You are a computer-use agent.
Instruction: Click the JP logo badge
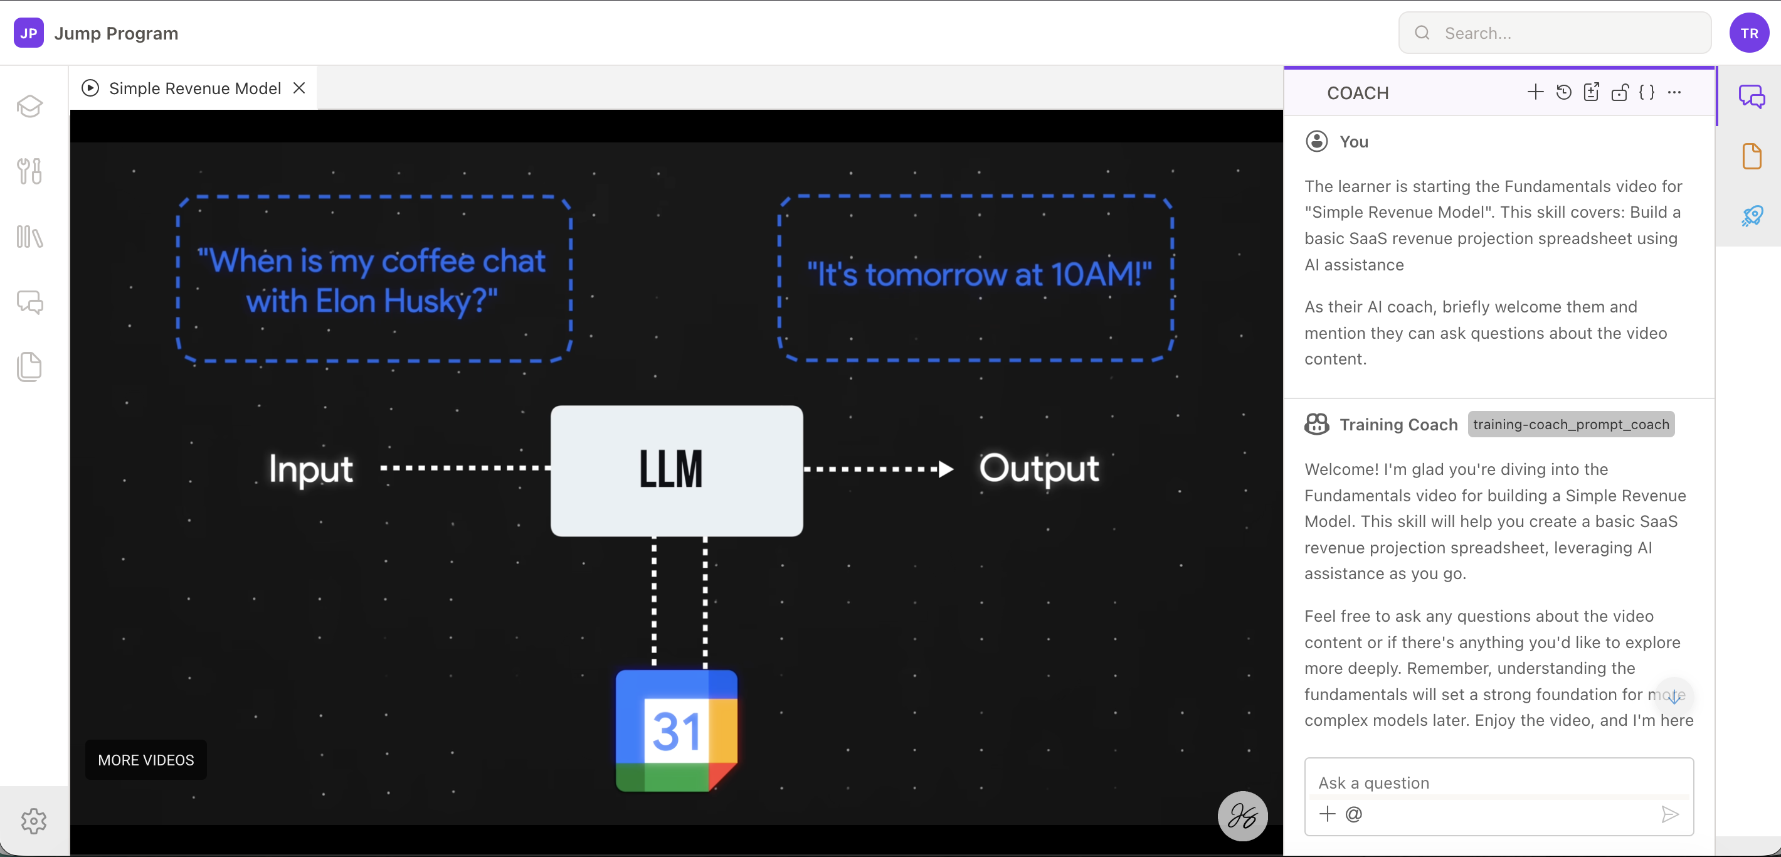tap(28, 33)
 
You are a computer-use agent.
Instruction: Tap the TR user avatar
tap(1748, 33)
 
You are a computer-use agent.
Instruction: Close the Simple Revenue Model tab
tap(299, 88)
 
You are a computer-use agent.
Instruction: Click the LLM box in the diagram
tap(676, 471)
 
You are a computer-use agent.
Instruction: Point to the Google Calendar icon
tap(676, 730)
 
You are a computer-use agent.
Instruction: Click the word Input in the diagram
tap(311, 469)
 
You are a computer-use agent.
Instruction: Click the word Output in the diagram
tap(1038, 469)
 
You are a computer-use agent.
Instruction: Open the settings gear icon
tap(33, 821)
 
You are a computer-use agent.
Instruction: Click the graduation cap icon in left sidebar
tap(29, 106)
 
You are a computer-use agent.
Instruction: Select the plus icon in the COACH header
tap(1535, 92)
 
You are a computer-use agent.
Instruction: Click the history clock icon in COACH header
tap(1563, 92)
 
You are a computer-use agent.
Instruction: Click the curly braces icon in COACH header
tap(1647, 92)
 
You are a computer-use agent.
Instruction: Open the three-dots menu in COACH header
tap(1674, 92)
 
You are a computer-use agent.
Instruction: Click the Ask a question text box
tap(1498, 782)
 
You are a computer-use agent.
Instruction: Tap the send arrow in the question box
tap(1669, 814)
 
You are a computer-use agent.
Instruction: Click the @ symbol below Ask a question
tap(1354, 814)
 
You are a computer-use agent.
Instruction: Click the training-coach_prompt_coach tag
tap(1571, 424)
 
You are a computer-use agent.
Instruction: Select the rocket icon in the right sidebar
tap(1752, 216)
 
